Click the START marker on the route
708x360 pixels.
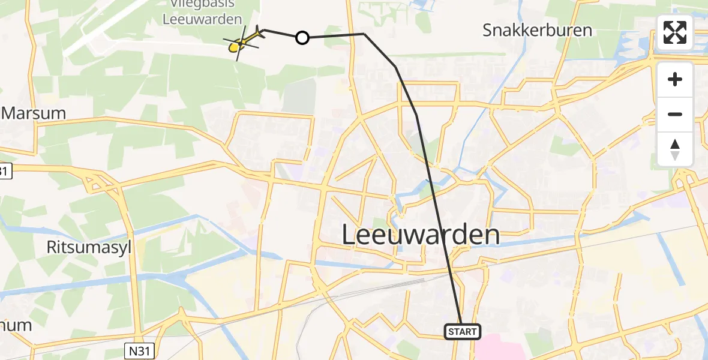[462, 331]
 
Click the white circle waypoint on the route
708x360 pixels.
[302, 38]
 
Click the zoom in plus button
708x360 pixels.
[675, 79]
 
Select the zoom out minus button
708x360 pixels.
[675, 114]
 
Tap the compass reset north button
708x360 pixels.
[675, 149]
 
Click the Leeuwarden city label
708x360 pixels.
[421, 235]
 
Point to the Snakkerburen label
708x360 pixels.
[537, 30]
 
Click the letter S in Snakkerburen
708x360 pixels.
[488, 30]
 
